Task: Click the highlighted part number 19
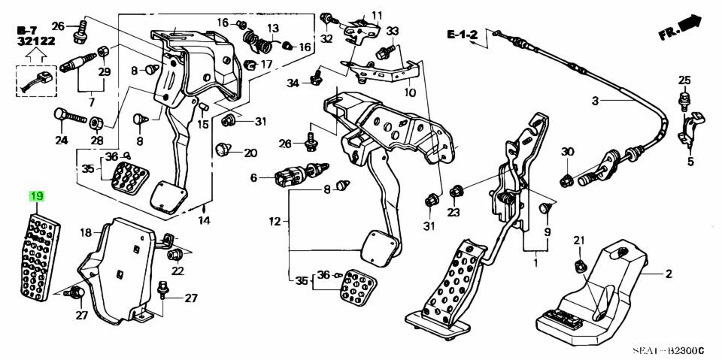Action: (x=37, y=197)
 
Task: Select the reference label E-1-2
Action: (x=461, y=35)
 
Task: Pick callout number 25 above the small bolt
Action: (x=684, y=80)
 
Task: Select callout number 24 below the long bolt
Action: (x=61, y=140)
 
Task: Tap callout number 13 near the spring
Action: (x=272, y=28)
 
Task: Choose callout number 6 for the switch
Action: (x=253, y=177)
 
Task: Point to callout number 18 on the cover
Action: (x=86, y=232)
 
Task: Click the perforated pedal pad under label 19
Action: (x=42, y=252)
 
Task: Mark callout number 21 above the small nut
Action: (x=578, y=241)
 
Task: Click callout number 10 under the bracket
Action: (x=409, y=93)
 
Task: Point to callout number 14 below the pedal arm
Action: (x=204, y=220)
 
